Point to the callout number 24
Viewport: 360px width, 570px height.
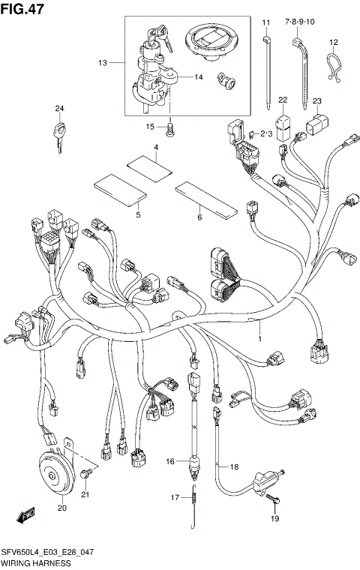pyautogui.click(x=59, y=109)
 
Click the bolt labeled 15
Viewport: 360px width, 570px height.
pyautogui.click(x=172, y=129)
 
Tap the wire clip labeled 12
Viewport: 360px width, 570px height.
pyautogui.click(x=331, y=65)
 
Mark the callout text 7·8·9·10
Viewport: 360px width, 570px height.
pyautogui.click(x=300, y=23)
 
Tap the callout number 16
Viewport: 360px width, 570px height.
pyautogui.click(x=169, y=461)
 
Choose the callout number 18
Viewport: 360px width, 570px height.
pyautogui.click(x=234, y=466)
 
